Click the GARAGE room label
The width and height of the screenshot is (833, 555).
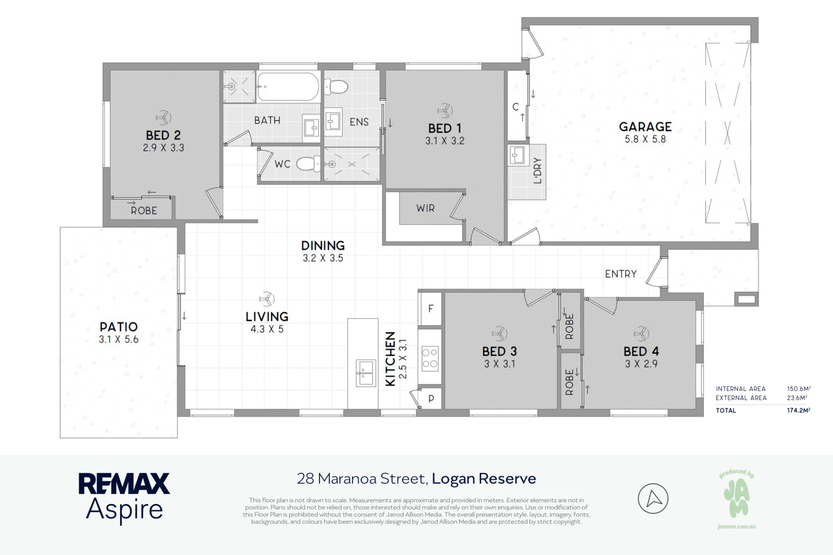pos(645,127)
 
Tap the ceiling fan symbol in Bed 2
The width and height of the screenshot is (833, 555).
pos(163,118)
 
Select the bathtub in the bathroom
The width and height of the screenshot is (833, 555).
pos(288,87)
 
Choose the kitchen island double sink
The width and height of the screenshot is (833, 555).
pos(365,373)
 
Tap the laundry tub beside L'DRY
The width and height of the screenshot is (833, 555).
pos(517,156)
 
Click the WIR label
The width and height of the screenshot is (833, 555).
pos(425,208)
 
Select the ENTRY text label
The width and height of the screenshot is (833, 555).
pos(621,274)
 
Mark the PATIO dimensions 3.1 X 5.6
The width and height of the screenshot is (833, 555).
pos(119,339)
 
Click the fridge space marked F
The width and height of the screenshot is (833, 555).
pos(431,309)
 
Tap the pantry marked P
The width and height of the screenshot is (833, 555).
pos(431,398)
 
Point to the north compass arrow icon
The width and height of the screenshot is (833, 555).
pos(653,498)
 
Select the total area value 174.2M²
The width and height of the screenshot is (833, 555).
pos(798,410)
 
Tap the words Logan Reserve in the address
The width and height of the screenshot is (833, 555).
pos(484,479)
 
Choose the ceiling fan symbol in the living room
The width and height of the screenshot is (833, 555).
pos(267,299)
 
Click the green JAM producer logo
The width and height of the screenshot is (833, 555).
pos(736,499)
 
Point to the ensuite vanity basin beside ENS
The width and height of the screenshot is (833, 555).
pos(333,122)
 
